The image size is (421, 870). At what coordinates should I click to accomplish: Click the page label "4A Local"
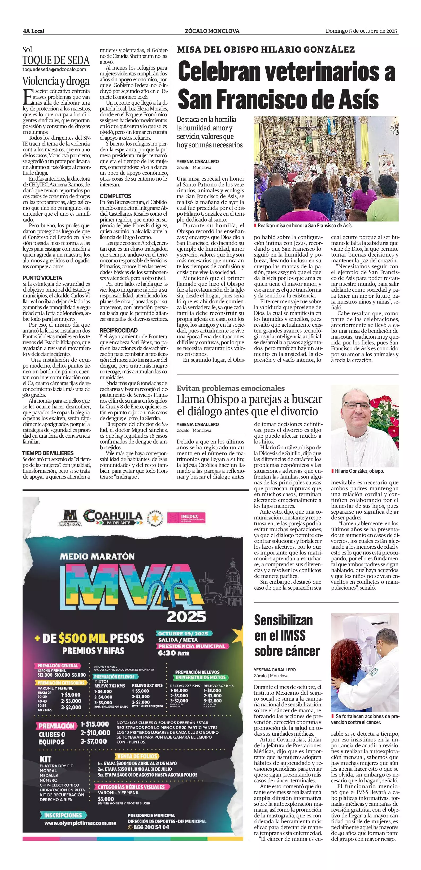pos(34,31)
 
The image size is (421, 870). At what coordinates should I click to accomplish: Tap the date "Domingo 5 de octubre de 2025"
pos(361,31)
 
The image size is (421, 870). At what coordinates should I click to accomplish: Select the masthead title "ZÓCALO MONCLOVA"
pos(212,31)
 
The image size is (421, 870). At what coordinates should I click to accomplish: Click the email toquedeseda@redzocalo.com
pos(54,69)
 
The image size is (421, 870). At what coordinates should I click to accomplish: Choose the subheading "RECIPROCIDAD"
pos(118,330)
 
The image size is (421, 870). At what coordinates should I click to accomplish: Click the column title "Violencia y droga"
pos(56,81)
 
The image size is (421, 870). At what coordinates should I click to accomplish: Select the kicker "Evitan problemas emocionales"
pos(231,388)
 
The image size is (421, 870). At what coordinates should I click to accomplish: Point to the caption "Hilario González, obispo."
pos(359,471)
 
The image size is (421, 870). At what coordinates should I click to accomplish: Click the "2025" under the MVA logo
pos(186,616)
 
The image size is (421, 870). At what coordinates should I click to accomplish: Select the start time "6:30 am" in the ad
pos(174,653)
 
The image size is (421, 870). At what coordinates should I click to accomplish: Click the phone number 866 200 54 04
pos(149,827)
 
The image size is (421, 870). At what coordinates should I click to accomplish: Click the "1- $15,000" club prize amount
pos(95,724)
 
